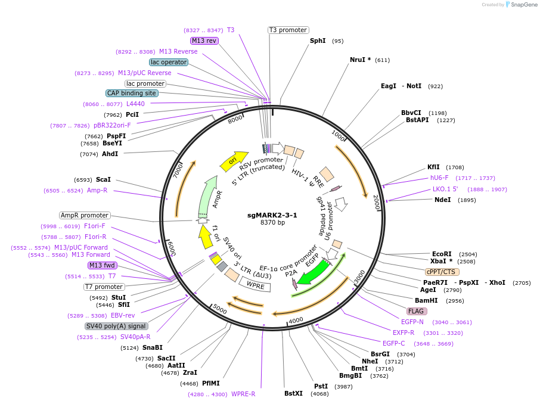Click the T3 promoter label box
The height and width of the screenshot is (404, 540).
coord(288,30)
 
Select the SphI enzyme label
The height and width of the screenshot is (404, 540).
coord(318,41)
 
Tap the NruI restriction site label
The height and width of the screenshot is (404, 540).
coord(361,60)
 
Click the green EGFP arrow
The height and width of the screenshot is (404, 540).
coord(314,272)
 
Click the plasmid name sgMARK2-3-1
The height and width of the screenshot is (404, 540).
coord(272,215)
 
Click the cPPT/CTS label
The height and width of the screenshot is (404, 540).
coord(442,272)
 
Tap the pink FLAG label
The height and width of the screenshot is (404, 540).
coord(417,311)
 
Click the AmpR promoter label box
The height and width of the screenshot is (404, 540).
coord(85,215)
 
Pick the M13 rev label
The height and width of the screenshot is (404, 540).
coord(204,41)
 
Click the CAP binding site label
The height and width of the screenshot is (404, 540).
coord(132,93)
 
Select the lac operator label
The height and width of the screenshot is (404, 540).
coord(169,62)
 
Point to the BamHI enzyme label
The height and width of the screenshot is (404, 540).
coord(426,300)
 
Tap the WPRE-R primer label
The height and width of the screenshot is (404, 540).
coord(243,394)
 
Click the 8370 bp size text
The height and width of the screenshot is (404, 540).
coord(272,223)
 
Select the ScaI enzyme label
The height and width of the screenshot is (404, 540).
coord(103,179)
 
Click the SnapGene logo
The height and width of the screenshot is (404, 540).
coord(522,5)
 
